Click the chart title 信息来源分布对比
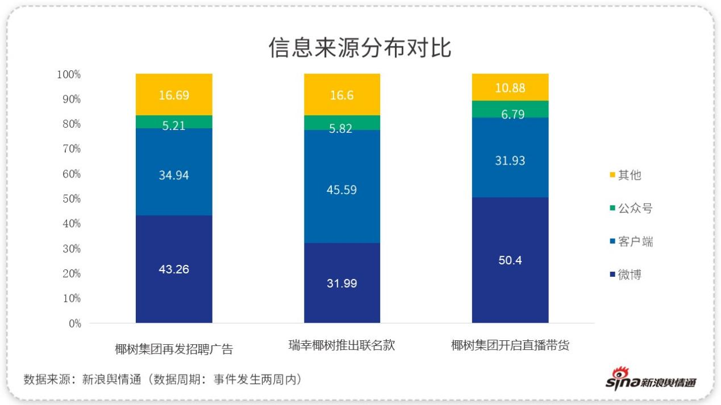(x=360, y=48)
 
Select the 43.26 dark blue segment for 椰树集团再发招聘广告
(x=174, y=269)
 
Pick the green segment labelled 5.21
(x=174, y=122)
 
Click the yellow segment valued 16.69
(x=174, y=95)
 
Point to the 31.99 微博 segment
(x=342, y=283)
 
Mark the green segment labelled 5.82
(x=342, y=123)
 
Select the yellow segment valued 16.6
(x=342, y=95)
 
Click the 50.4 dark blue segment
(x=510, y=260)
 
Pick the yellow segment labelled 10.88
(x=510, y=87)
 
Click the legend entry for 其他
(x=625, y=175)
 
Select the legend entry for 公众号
(x=631, y=208)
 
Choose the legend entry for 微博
(x=625, y=275)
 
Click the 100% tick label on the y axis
(x=69, y=74)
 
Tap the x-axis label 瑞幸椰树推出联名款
(x=341, y=345)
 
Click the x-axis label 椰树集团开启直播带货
(x=510, y=345)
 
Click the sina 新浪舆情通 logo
(x=651, y=379)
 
